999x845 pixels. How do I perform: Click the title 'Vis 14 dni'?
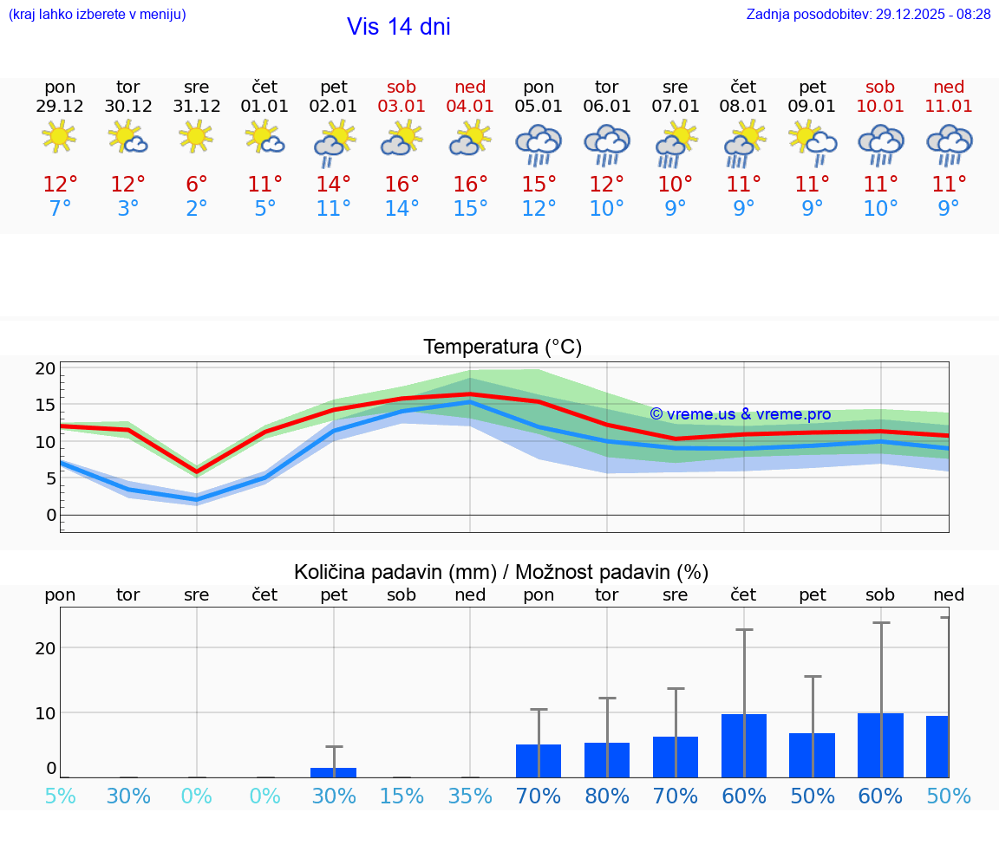coord(398,27)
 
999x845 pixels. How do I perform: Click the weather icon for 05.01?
coord(539,145)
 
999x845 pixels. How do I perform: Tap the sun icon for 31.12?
coord(197,137)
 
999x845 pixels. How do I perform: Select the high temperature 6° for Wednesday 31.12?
coord(197,185)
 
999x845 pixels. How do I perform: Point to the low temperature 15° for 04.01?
coord(470,209)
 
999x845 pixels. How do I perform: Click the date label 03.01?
coord(402,107)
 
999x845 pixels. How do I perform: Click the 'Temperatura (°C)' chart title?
coord(502,348)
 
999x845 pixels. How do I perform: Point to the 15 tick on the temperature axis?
coord(45,405)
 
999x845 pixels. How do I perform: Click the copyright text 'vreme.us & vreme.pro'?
coord(740,414)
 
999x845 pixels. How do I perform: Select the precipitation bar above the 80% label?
coord(607,760)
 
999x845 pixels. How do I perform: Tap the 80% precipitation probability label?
coord(607,796)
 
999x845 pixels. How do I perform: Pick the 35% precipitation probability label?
coord(470,796)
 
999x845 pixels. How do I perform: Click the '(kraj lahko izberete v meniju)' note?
coord(97,15)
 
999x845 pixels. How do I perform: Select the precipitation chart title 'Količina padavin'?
coord(501,572)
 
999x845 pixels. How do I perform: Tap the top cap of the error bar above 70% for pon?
coord(539,710)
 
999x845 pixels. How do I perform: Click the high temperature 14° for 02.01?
coord(334,185)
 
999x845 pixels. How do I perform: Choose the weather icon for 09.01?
coord(813,142)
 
